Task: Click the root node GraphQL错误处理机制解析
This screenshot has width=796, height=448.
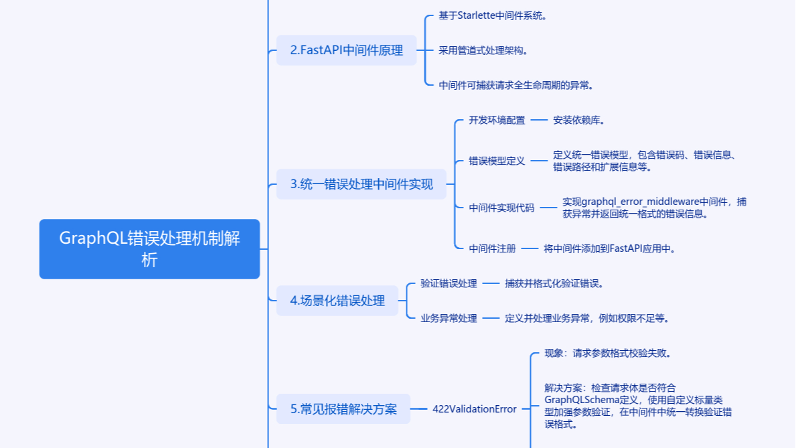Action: [149, 248]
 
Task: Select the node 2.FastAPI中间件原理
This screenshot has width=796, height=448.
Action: [346, 50]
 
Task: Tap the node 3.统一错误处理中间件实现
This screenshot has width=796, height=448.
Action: [362, 184]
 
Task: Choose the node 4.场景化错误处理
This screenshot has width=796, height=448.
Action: [337, 301]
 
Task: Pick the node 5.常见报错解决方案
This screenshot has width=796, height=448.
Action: [343, 409]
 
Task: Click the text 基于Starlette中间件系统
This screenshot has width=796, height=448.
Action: [493, 15]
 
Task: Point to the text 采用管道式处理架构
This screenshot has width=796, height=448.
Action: [483, 50]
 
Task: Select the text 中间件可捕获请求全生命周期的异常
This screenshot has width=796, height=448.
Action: [516, 85]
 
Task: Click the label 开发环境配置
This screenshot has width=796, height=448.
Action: [497, 121]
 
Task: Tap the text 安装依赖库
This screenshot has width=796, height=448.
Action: [579, 121]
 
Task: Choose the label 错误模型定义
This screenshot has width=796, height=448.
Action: [497, 161]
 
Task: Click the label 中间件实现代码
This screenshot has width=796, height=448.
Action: [501, 208]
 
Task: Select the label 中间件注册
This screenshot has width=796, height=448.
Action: [492, 248]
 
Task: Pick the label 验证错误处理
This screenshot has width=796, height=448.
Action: [449, 283]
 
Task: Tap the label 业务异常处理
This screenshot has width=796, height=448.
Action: [449, 318]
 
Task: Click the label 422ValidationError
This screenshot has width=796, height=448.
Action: [474, 409]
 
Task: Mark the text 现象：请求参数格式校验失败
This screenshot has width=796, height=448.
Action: [608, 353]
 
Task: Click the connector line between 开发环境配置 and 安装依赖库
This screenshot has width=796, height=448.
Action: [539, 121]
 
